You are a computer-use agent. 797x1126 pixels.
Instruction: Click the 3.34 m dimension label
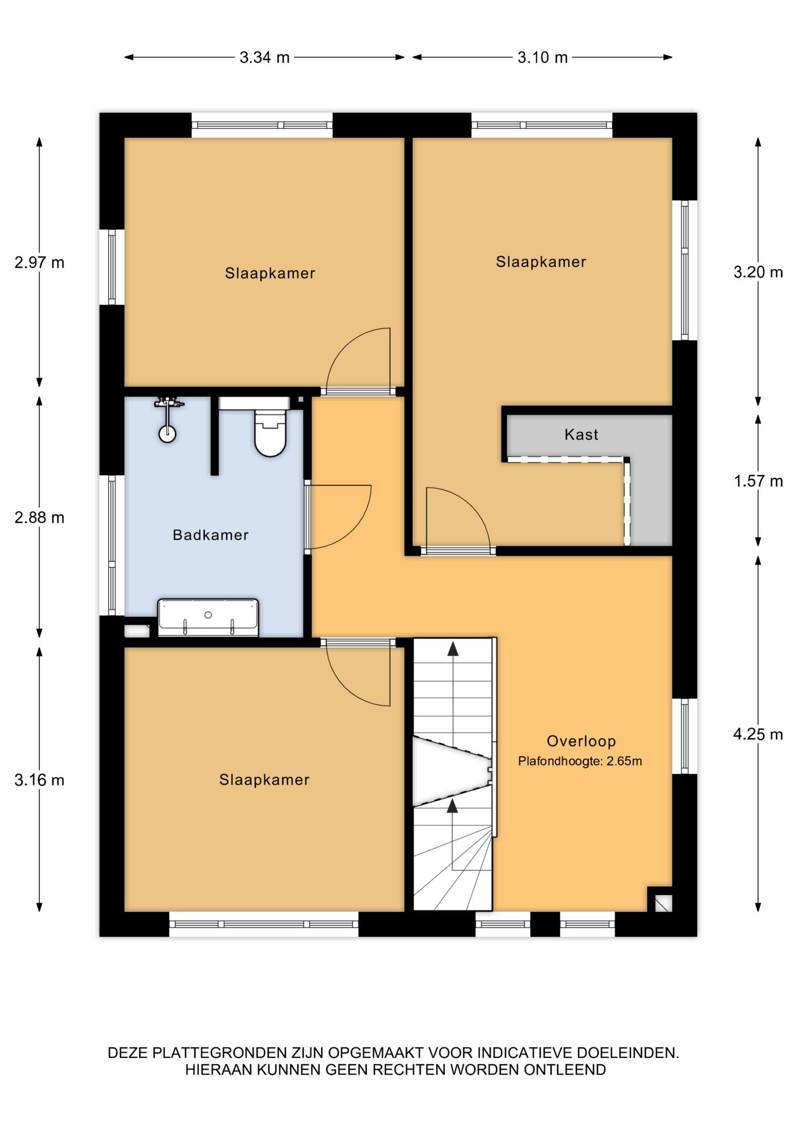coord(264,57)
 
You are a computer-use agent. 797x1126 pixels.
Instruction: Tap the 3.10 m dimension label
coord(542,57)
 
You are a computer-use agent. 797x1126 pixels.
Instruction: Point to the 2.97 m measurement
coord(39,262)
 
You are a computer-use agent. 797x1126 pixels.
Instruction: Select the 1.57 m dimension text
coord(758,481)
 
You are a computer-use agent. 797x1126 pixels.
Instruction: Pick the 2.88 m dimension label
coord(39,517)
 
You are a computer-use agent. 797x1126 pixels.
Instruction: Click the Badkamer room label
coord(210,535)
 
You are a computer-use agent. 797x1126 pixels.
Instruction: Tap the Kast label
coord(581,435)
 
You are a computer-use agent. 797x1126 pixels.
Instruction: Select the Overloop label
coord(581,741)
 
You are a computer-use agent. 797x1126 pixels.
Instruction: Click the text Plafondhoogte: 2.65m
coord(580,761)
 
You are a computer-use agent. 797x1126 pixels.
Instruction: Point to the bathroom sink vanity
coord(208,618)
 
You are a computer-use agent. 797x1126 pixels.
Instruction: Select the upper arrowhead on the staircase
coord(452,649)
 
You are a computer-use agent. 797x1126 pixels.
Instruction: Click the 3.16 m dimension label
coord(39,780)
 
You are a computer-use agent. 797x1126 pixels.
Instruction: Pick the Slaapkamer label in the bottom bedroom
coord(264,779)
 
